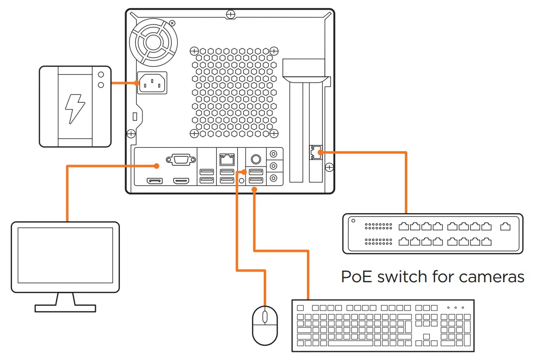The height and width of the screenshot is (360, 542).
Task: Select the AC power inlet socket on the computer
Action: point(153,83)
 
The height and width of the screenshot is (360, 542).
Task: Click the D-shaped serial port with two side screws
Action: point(180,159)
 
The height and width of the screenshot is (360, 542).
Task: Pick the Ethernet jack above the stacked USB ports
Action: point(226,158)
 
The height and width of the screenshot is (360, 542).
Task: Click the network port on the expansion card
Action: point(316,152)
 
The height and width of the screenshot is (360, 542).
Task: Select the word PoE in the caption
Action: point(357,277)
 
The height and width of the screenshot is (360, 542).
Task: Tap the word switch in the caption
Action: point(401,277)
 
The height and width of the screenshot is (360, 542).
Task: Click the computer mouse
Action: point(265,325)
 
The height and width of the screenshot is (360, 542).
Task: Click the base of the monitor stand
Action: point(65,307)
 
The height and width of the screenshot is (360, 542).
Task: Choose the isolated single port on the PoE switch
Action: point(505,227)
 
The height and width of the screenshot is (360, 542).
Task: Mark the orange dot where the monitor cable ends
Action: point(156,166)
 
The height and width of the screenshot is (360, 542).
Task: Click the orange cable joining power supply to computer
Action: point(125,83)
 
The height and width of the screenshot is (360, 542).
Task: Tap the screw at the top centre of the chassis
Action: point(231,14)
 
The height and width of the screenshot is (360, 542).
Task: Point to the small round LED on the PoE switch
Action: point(353,221)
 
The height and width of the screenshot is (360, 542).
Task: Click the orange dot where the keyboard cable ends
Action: point(254,190)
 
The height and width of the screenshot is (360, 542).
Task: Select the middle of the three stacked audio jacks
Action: point(274,166)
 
